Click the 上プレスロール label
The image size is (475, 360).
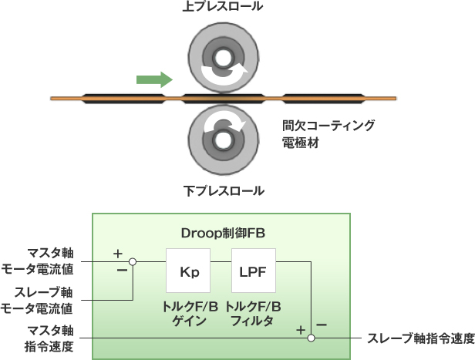coord(224,8)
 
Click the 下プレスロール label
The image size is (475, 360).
coord(224,190)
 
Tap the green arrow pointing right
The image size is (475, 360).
coord(154,78)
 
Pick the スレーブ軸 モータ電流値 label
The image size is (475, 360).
coord(48,301)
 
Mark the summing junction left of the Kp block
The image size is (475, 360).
coord(133,262)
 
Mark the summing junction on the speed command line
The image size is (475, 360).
coord(311,338)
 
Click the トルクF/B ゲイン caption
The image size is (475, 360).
coord(188,313)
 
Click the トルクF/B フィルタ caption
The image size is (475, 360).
coord(254,313)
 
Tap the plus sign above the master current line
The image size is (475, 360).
coord(118,254)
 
